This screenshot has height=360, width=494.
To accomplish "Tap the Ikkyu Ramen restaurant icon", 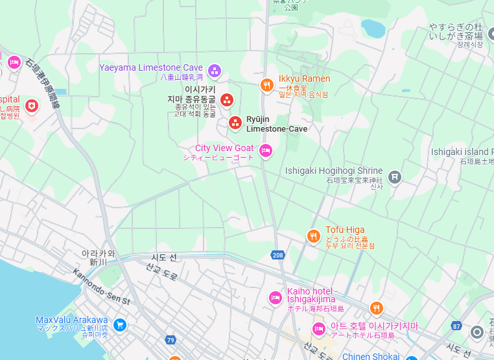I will [266, 86].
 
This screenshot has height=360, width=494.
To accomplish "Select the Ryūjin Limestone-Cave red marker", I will [235, 123].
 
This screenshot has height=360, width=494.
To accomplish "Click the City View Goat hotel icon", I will [265, 151].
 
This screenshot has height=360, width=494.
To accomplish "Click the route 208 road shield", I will [278, 255].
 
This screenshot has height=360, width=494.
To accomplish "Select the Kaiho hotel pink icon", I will [275, 298].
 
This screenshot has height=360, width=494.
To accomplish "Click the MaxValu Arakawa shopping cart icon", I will [119, 324].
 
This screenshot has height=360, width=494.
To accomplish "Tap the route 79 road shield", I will [171, 340].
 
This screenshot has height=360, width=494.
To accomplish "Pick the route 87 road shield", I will [457, 326].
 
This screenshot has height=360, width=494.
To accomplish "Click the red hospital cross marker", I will [31, 105].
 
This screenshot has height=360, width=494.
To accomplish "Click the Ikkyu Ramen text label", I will [304, 79].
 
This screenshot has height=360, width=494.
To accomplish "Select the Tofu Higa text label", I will [345, 230].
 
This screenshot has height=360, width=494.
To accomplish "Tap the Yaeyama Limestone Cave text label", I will [151, 67].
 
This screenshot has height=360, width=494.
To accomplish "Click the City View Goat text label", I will [224, 149].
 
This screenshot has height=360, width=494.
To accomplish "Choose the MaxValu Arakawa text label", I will [71, 320].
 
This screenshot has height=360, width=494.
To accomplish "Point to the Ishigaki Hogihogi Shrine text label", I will [334, 171].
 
